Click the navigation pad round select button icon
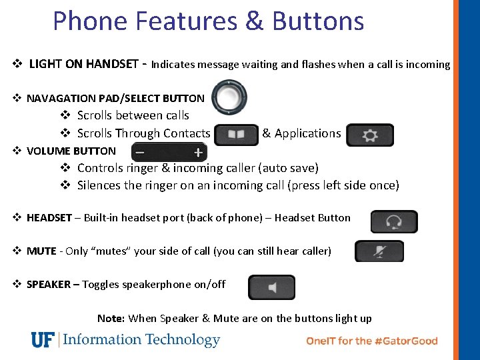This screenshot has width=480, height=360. point(229,97)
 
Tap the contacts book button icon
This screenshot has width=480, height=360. point(236,134)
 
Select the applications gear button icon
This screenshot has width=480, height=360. point(370,135)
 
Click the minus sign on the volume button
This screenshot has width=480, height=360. point(140,153)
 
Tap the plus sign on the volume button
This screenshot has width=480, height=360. point(198,153)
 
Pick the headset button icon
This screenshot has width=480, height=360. point(394,221)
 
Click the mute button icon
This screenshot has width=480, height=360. point(379,251)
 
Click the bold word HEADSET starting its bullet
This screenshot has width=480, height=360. point(49,217)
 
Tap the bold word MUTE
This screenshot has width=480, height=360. point(41,251)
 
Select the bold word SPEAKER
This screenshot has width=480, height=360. point(48,284)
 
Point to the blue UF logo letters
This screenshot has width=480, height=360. point(42,340)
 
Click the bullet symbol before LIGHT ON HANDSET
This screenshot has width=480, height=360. point(18,65)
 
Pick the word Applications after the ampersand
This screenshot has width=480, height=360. point(307,133)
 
